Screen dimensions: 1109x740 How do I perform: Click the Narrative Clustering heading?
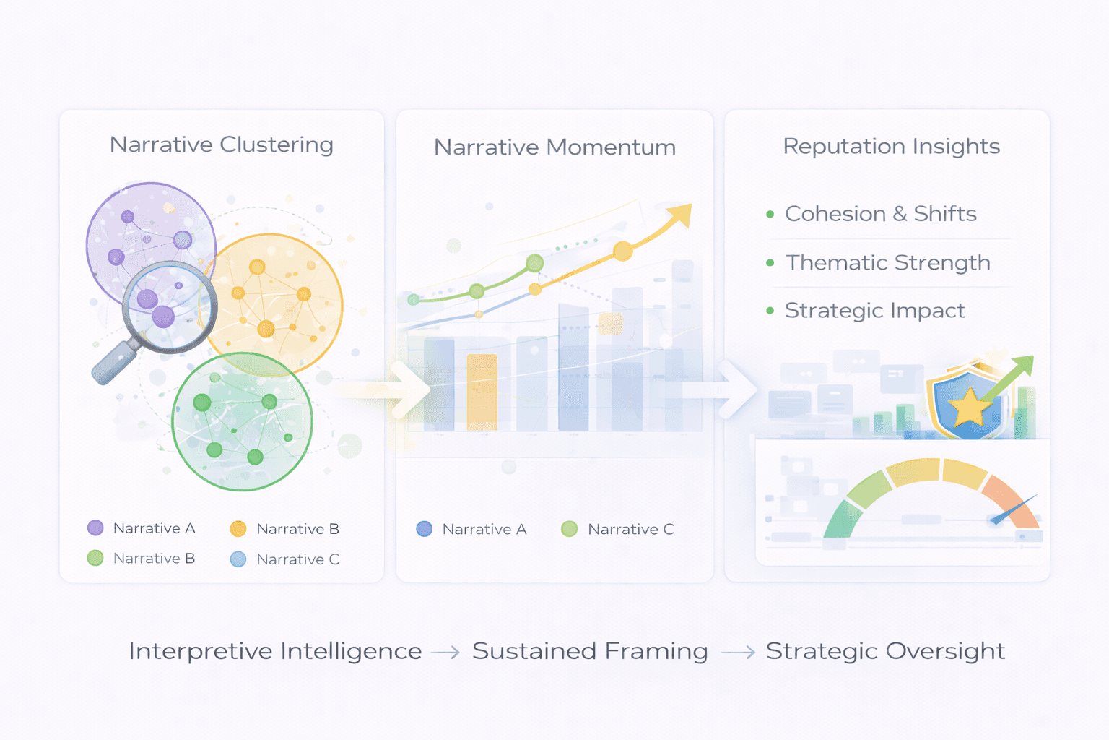221,145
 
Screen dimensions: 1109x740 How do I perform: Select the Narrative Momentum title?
554,147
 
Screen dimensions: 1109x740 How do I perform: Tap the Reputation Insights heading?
891,147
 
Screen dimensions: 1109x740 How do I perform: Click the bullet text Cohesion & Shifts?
880,214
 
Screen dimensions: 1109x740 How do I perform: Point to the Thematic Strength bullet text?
887,262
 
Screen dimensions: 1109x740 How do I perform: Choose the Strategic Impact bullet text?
874,311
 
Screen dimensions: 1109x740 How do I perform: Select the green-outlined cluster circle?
243,421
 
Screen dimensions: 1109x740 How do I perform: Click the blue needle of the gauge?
1014,509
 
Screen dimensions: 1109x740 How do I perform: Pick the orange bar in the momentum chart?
482,392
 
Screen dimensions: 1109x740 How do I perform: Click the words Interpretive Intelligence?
275,651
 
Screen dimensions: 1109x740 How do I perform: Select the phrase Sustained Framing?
590,651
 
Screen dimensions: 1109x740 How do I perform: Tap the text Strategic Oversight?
885,651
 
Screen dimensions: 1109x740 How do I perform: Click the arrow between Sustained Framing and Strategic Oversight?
738,653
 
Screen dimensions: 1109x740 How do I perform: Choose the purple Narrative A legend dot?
95,528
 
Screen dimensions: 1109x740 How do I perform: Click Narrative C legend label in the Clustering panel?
297,559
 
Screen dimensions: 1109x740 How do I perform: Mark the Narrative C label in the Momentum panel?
630,530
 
